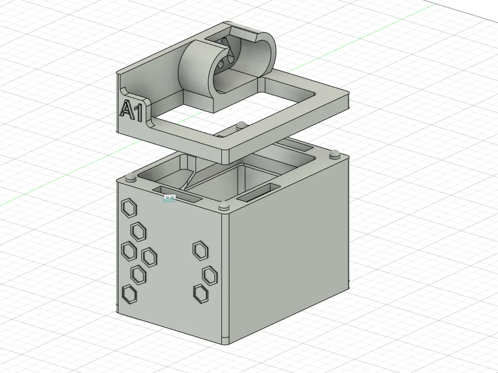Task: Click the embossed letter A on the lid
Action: [126, 109]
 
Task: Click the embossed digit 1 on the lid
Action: [138, 113]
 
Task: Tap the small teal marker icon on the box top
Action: [169, 198]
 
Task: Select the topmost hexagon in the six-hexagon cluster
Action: [129, 209]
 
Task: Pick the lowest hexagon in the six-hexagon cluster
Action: [129, 294]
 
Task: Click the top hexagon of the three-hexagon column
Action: [200, 249]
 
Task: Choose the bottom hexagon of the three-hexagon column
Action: [201, 293]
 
